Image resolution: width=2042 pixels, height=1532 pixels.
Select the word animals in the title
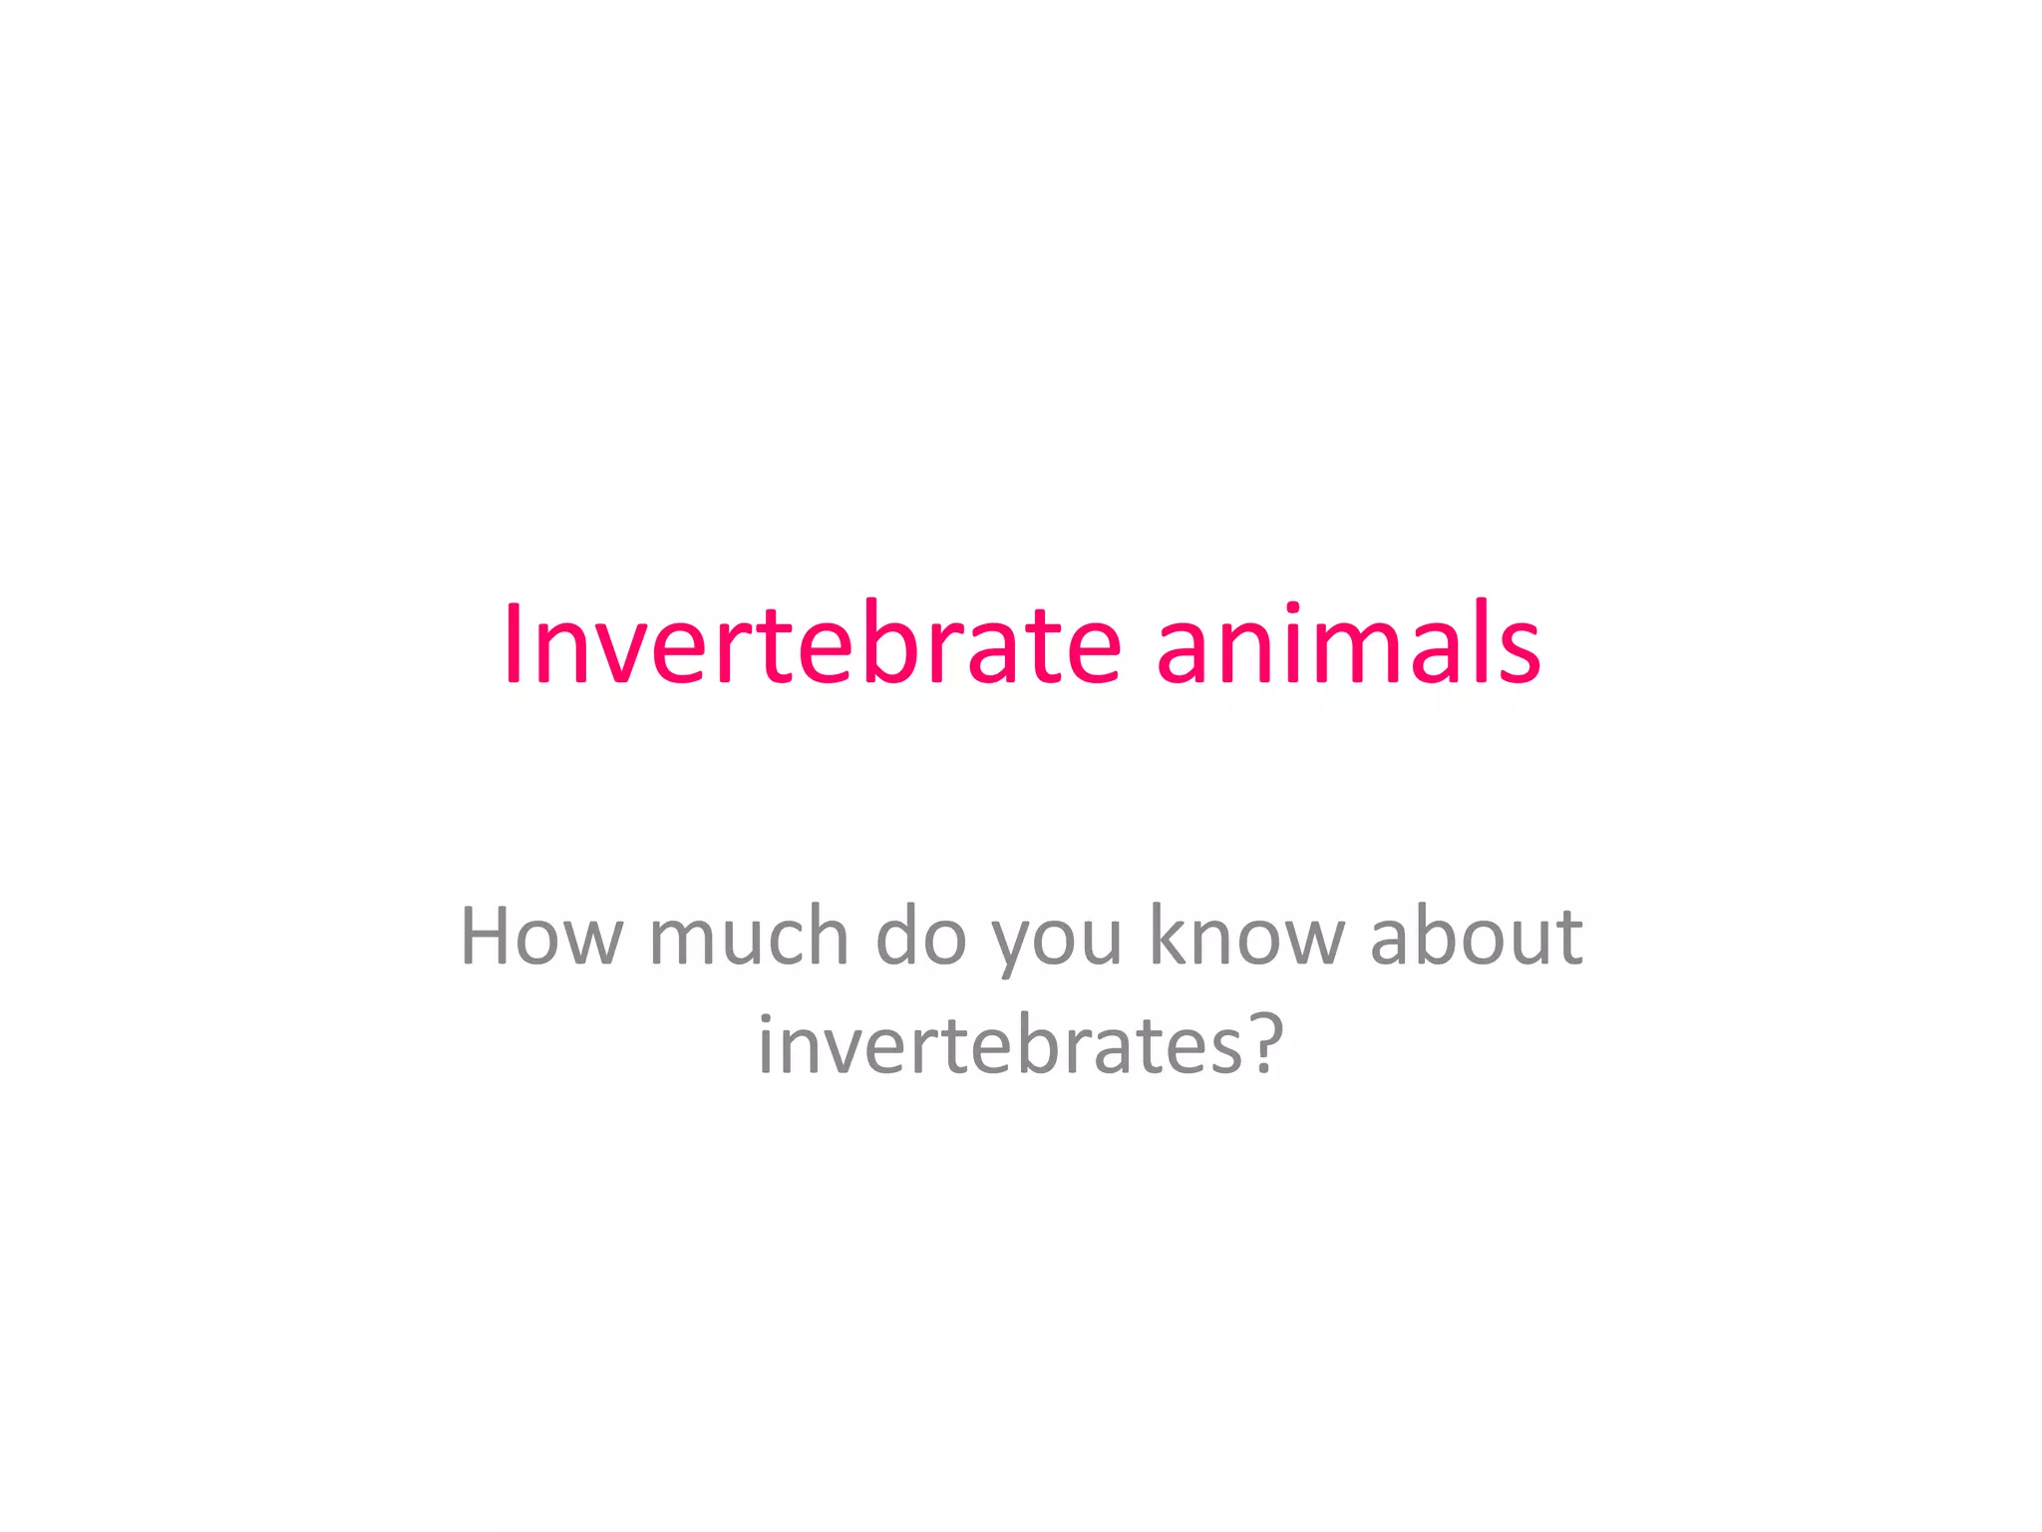pyautogui.click(x=1348, y=644)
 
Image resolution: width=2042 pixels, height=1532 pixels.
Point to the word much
pyautogui.click(x=748, y=937)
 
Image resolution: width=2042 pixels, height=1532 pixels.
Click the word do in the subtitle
pyautogui.click(x=920, y=937)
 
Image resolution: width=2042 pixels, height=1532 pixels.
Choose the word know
pyautogui.click(x=1246, y=937)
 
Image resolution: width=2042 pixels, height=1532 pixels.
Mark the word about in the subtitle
pyautogui.click(x=1476, y=937)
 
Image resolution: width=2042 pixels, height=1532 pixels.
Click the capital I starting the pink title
pyautogui.click(x=512, y=644)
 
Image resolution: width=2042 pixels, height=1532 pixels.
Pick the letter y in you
pyautogui.click(x=1012, y=948)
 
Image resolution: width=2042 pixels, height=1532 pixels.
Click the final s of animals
pyautogui.click(x=1517, y=653)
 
